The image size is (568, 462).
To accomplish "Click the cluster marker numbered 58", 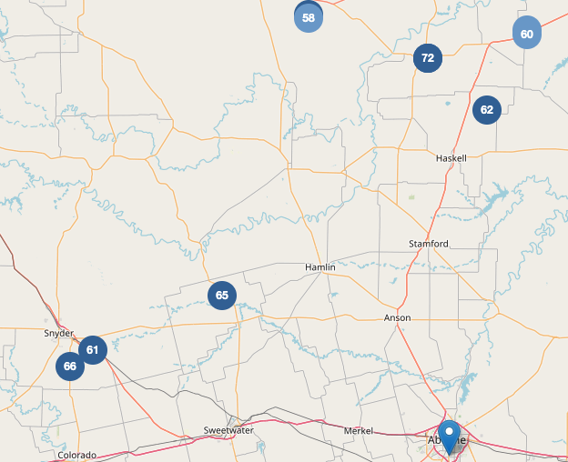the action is (x=309, y=18).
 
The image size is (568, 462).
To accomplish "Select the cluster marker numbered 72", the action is (x=428, y=58).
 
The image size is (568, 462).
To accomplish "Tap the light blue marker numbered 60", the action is (x=527, y=34).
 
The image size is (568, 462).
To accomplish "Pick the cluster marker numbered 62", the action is (x=487, y=110).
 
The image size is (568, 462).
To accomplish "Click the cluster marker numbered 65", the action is (x=222, y=296).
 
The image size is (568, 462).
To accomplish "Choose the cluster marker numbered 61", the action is (x=93, y=349).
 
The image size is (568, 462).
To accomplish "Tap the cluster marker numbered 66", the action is (x=70, y=367).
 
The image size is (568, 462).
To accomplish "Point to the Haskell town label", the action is (x=451, y=157).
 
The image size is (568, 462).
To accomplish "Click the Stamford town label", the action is (x=428, y=244).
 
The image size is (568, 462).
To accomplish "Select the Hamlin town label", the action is (x=319, y=267).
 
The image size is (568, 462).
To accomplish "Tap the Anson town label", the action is (x=398, y=317).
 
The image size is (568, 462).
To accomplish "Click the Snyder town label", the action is (x=58, y=334).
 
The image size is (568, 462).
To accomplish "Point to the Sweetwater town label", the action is (x=228, y=430).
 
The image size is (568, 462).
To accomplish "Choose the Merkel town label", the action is (x=359, y=430).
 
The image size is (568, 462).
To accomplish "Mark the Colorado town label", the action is (x=76, y=455).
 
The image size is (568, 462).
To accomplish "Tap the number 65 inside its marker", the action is (x=222, y=296).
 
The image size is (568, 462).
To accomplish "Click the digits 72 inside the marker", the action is (x=428, y=58).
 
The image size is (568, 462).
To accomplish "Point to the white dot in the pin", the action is (x=449, y=430).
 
